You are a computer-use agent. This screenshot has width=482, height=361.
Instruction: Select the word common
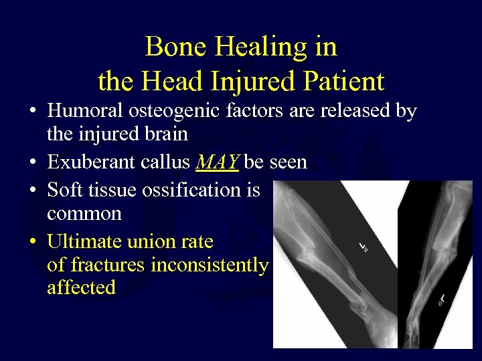(84, 214)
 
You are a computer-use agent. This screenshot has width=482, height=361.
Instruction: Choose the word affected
(82, 288)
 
